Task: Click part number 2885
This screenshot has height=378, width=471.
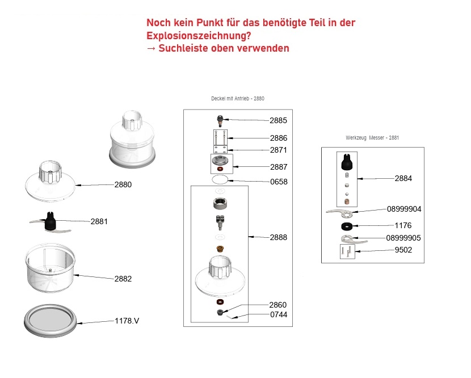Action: coord(278,120)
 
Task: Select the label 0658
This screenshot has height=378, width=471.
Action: coord(279,182)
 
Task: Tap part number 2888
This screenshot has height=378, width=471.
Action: coord(279,237)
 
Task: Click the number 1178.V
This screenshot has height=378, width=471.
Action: coord(127,321)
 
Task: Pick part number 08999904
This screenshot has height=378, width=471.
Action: coord(404,209)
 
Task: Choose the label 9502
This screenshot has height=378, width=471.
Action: coord(403,250)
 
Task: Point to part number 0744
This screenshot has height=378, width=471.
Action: coord(279,314)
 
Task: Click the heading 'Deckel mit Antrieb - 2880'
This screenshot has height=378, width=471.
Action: coord(238,99)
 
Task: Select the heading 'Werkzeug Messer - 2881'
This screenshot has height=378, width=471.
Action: coord(372,137)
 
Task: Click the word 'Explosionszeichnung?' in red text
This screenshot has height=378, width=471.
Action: coord(199,36)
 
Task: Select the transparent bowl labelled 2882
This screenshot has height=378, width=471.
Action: coord(50,268)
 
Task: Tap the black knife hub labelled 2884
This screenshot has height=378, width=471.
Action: coord(347,162)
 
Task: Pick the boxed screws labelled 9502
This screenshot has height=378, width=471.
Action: coord(347,251)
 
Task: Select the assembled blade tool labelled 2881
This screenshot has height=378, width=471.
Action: coord(50,222)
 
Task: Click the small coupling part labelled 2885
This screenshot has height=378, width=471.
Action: coord(220,120)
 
